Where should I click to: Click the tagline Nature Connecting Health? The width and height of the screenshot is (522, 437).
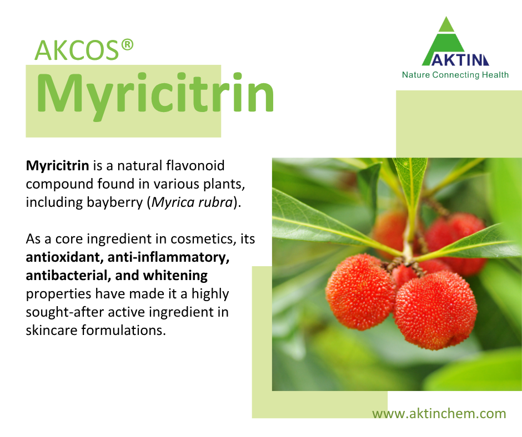tap(455, 74)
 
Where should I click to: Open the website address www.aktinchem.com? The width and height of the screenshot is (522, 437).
tap(439, 414)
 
